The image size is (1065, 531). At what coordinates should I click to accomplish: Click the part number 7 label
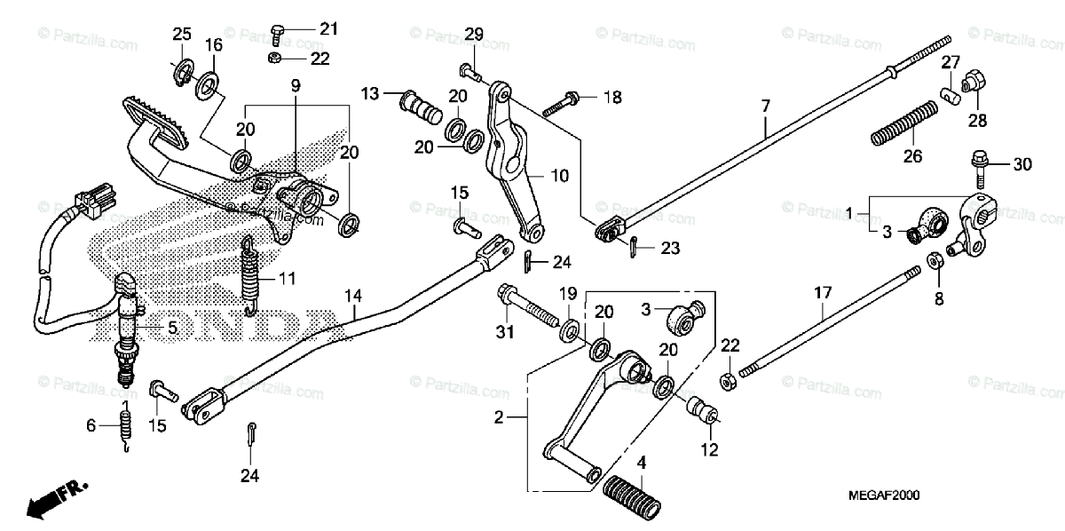point(764,106)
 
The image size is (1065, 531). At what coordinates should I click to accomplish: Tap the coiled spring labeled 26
point(903,123)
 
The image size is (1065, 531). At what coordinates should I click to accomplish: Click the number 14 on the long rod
point(353,294)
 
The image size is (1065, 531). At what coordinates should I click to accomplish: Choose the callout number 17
point(823,292)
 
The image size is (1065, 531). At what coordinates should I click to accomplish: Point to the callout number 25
point(181,35)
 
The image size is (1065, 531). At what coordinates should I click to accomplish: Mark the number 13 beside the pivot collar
point(369,94)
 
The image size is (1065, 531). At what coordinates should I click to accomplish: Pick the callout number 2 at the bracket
point(499,416)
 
